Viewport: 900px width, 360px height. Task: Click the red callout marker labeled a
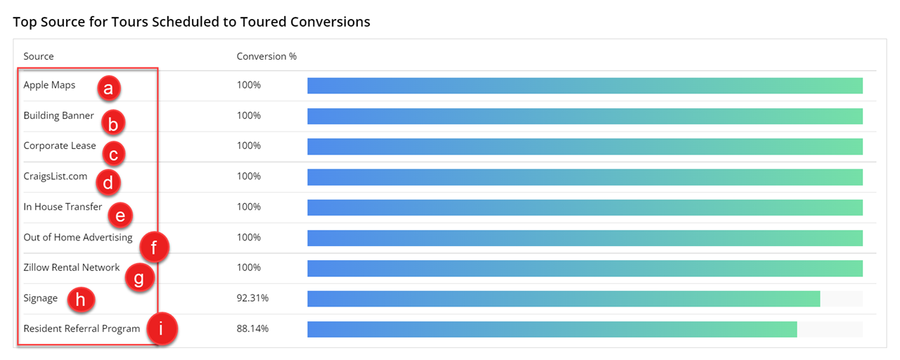pyautogui.click(x=108, y=89)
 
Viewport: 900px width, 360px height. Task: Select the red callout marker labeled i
pyautogui.click(x=162, y=329)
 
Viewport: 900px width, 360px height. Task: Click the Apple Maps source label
pyautogui.click(x=49, y=85)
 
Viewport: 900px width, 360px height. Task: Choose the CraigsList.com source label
pyautogui.click(x=56, y=176)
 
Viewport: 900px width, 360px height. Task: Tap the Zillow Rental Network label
pyautogui.click(x=72, y=267)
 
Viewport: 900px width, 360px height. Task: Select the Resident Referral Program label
pyautogui.click(x=82, y=328)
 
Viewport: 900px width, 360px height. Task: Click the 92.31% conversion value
pyautogui.click(x=252, y=298)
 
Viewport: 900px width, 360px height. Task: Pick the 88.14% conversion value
pyautogui.click(x=252, y=328)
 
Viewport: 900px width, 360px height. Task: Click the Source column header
pyautogui.click(x=39, y=56)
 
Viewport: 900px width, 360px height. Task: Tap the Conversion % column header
pyautogui.click(x=266, y=56)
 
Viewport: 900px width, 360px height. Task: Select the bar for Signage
pyautogui.click(x=563, y=298)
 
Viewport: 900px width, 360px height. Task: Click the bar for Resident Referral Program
pyautogui.click(x=552, y=329)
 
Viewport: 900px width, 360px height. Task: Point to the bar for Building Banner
pyautogui.click(x=584, y=116)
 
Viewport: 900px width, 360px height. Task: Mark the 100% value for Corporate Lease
pyautogui.click(x=249, y=146)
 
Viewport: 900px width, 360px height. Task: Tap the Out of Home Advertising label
pyautogui.click(x=78, y=237)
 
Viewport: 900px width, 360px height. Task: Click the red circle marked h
pyautogui.click(x=81, y=300)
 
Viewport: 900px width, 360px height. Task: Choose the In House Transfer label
pyautogui.click(x=63, y=207)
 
